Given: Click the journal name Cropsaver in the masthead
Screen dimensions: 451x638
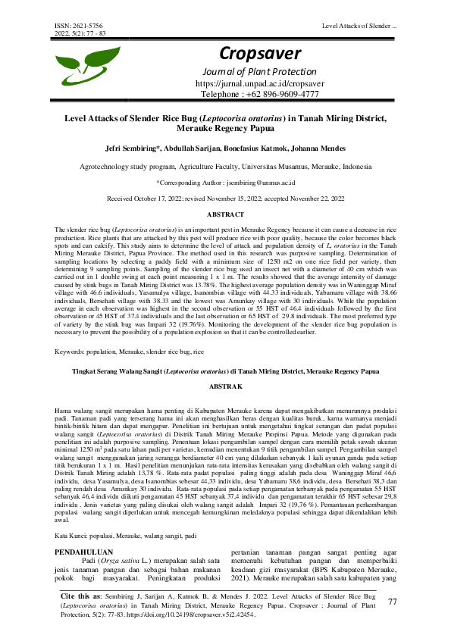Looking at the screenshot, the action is click(x=260, y=53).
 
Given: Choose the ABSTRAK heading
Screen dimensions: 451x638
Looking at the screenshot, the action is click(x=226, y=386).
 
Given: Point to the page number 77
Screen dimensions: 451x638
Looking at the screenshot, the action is click(x=392, y=602).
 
